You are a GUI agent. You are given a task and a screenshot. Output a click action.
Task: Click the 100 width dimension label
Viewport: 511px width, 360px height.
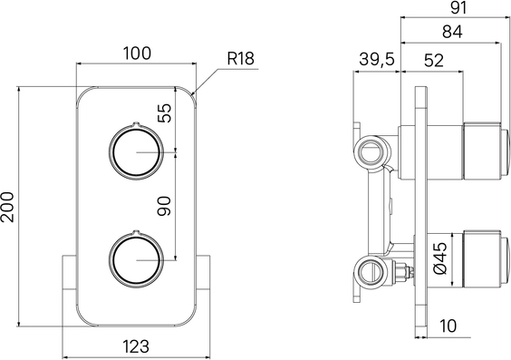[137, 54]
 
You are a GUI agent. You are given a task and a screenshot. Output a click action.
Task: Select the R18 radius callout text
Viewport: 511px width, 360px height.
[240, 59]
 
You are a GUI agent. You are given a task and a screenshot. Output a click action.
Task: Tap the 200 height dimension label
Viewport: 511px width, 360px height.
[8, 207]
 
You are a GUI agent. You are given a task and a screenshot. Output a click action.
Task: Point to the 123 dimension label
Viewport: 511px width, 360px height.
[136, 346]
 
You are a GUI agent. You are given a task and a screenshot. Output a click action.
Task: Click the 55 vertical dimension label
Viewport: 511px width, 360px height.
[164, 112]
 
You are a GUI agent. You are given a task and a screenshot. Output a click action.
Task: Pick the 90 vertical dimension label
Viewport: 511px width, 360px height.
[164, 206]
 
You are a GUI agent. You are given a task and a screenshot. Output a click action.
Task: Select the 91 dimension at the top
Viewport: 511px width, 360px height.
[458, 7]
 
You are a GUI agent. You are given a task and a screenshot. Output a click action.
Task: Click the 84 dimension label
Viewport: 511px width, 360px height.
[452, 32]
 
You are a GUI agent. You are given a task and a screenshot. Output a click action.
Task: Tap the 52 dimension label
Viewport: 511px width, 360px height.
[434, 61]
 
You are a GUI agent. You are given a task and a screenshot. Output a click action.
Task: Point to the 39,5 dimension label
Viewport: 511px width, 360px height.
[377, 59]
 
